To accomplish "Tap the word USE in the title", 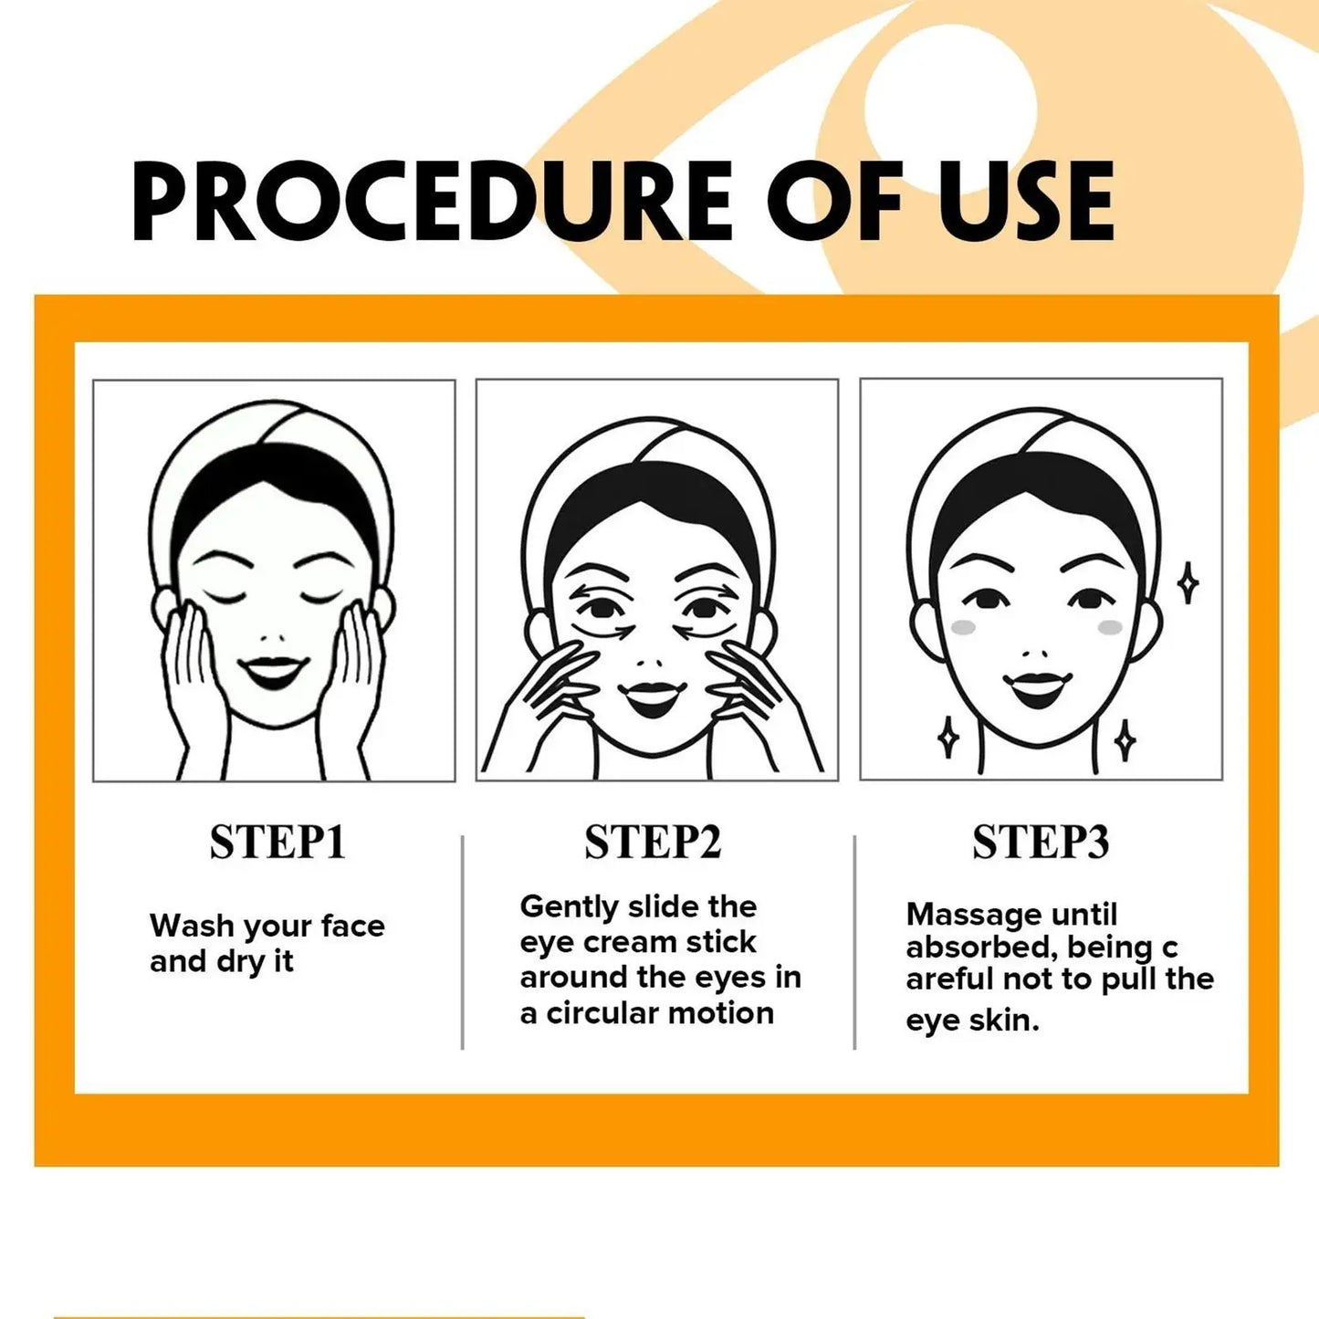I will pos(1026,201).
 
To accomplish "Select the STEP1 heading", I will pos(277,842).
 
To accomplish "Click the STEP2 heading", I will pos(653,842).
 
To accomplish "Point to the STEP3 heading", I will pos(1040,842).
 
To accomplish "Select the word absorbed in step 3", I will pos(978,947).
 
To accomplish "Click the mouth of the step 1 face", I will pos(273,673).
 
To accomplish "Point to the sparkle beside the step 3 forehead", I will pos(1187,583).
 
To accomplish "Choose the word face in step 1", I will pos(352,926).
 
